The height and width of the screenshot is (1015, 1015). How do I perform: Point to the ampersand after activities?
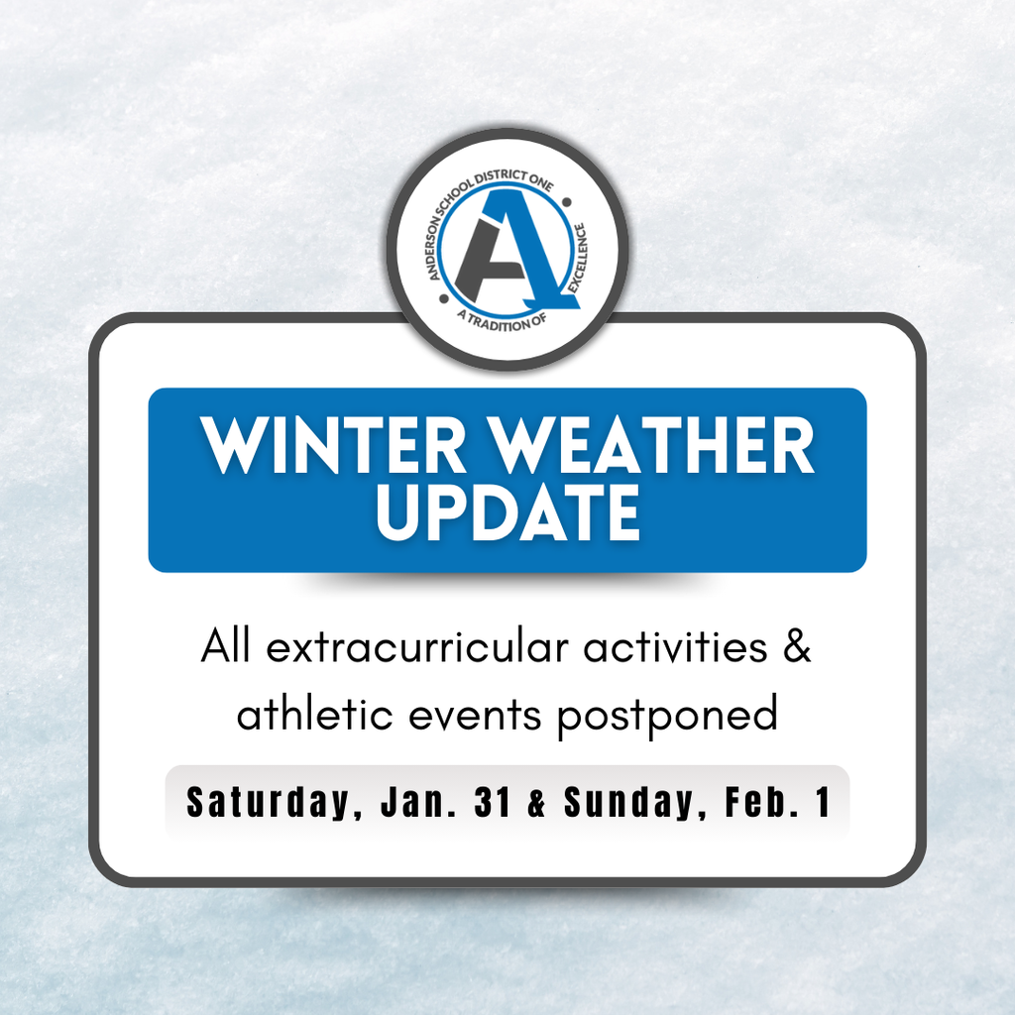(798, 648)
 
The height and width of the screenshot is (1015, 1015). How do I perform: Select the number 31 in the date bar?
(493, 802)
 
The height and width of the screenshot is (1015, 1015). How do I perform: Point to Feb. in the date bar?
(758, 802)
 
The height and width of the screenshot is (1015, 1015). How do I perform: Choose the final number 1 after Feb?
(822, 802)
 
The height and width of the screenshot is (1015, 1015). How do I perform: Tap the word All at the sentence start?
(227, 648)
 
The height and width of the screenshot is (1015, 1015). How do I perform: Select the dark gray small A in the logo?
(483, 262)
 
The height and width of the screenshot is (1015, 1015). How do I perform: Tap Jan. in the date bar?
(415, 802)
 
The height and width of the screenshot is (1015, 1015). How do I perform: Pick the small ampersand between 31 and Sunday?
(537, 803)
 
